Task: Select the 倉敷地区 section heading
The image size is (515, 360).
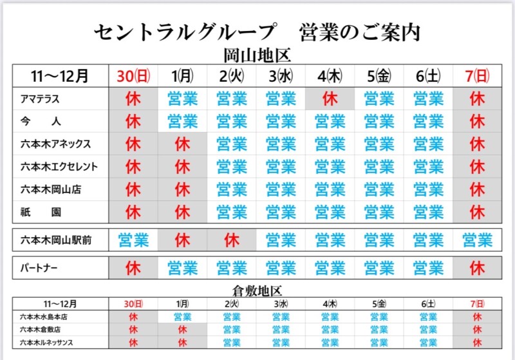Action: (x=256, y=290)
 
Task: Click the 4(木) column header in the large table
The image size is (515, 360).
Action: (x=330, y=75)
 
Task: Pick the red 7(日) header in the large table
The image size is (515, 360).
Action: (x=477, y=75)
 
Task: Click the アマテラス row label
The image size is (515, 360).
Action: (x=41, y=99)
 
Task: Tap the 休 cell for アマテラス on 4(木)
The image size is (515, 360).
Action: (x=330, y=99)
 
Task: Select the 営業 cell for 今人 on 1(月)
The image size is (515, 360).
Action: (x=183, y=121)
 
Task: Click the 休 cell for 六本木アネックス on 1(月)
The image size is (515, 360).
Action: (x=183, y=144)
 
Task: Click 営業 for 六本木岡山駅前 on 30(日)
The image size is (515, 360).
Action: (x=133, y=241)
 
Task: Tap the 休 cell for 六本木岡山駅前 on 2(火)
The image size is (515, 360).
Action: (x=232, y=241)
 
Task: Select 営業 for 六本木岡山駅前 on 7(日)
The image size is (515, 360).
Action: (x=477, y=241)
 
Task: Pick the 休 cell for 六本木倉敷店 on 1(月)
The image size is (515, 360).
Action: (x=183, y=329)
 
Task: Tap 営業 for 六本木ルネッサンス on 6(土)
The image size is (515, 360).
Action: (x=428, y=342)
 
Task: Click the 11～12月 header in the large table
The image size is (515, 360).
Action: (x=61, y=75)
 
